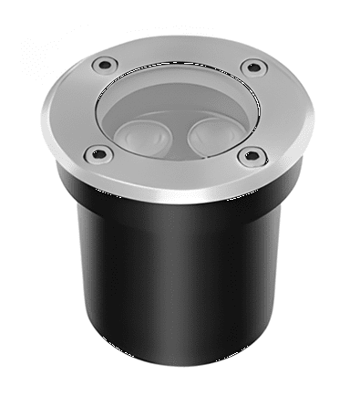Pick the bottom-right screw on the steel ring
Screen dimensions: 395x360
247,156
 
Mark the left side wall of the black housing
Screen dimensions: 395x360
87,283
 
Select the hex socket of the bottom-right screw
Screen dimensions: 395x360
247,156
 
